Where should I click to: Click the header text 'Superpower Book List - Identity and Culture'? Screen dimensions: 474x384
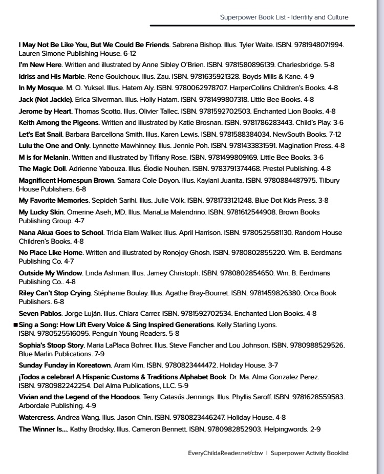coord(284,17)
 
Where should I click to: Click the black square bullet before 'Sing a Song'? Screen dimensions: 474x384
coord(15,325)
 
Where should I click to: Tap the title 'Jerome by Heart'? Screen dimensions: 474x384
coord(44,111)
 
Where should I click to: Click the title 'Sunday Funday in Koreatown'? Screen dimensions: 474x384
coord(65,365)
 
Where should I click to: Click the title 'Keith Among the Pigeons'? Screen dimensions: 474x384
coord(58,123)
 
